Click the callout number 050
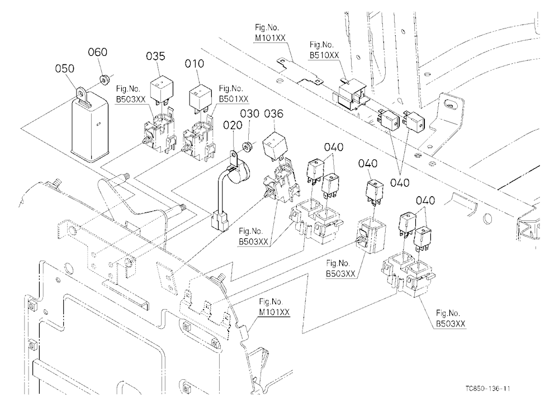point(64,68)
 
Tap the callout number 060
point(97,52)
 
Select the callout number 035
point(156,56)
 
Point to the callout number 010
point(195,64)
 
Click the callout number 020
point(233,125)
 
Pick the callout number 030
point(249,114)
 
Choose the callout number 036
point(273,114)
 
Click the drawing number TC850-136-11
point(487,388)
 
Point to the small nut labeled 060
point(105,79)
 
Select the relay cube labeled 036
point(275,144)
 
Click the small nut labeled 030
point(247,147)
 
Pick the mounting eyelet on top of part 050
point(81,93)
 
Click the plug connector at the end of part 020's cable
point(219,221)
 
